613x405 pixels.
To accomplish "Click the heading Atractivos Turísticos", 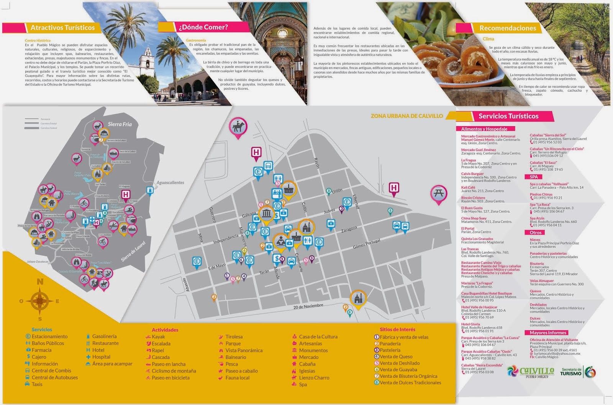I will click(62, 28).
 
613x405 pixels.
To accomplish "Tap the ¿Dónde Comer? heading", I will click(203, 27).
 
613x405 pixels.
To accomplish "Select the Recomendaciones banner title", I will click(508, 28).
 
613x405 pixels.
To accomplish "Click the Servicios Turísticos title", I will click(508, 116).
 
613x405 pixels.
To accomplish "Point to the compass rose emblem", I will click(39, 301).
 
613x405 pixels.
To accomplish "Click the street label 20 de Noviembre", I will click(308, 306).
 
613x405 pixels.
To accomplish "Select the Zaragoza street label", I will click(349, 230).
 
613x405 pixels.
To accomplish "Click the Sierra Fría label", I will click(120, 124).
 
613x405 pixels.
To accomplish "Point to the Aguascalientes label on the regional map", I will click(170, 183).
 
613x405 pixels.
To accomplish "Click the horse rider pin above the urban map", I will click(238, 127).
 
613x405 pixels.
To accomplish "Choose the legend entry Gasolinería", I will click(104, 336).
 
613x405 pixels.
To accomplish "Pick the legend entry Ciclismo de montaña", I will click(174, 371).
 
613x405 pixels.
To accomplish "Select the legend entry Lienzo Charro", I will click(314, 378).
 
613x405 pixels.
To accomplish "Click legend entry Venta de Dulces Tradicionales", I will click(410, 382).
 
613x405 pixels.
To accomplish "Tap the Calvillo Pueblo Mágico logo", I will click(531, 372).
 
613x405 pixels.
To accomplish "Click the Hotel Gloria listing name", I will click(470, 324).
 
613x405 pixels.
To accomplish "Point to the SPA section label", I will click(534, 177).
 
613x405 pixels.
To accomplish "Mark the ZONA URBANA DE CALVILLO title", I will click(406, 116).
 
